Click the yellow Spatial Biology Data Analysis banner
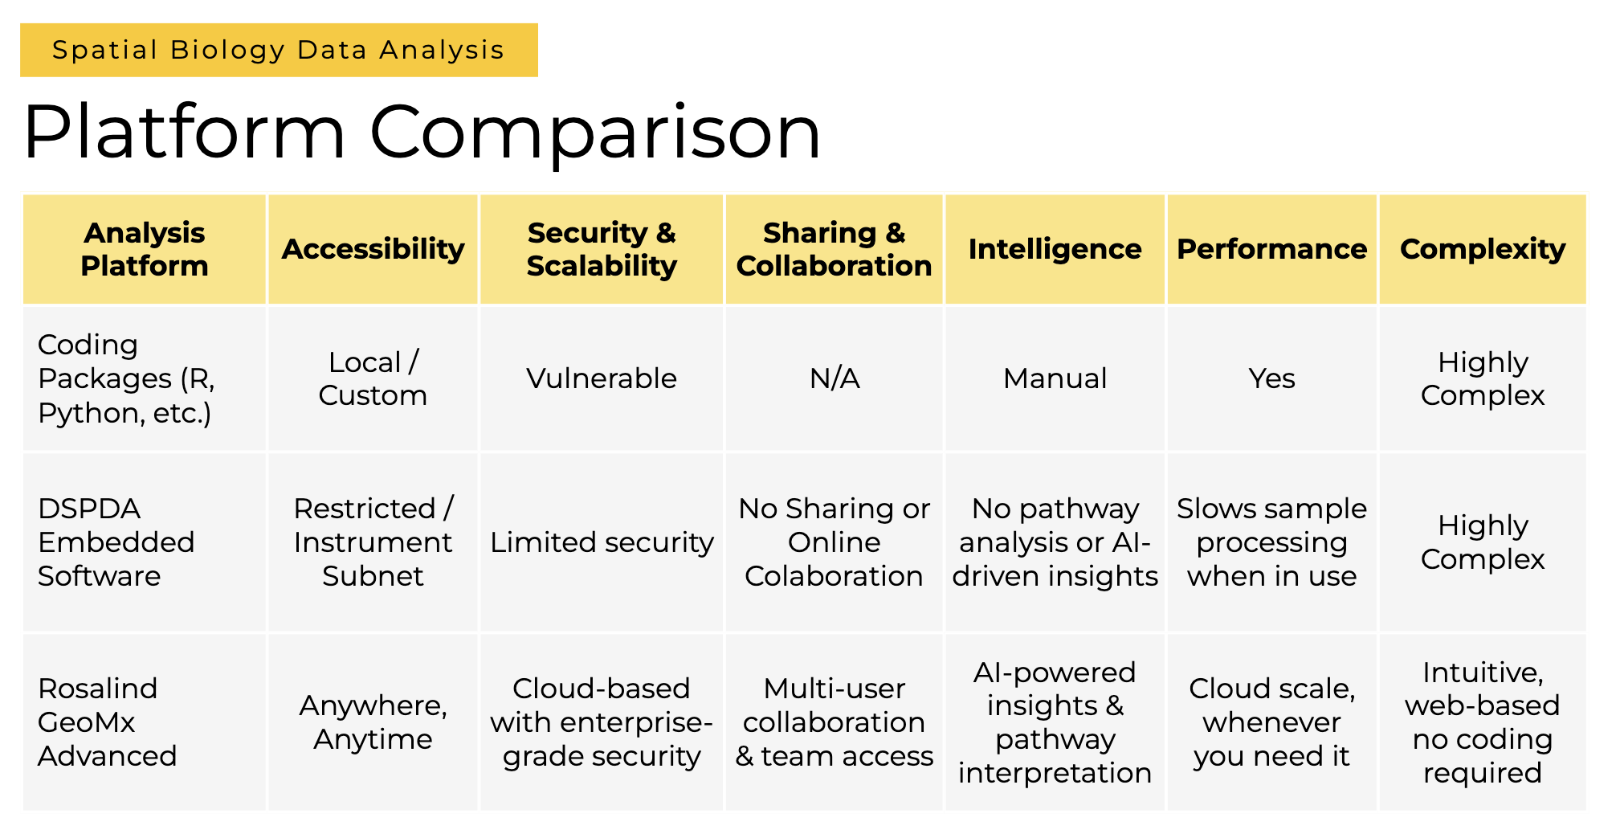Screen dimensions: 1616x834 pos(279,50)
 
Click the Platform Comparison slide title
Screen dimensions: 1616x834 pos(422,132)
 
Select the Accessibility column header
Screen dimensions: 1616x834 pos(373,249)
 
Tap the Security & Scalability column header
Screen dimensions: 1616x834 pos(602,249)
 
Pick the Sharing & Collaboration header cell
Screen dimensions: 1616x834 pos(834,249)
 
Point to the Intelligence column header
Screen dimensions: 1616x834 pos(1055,249)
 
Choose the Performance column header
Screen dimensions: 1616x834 pos(1271,249)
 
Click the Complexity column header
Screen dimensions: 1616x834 pos(1483,249)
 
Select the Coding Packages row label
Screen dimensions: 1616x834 pos(126,378)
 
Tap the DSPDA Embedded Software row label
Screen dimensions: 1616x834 pos(116,542)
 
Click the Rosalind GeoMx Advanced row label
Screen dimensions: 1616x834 pos(107,722)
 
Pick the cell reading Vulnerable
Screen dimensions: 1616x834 pos(602,378)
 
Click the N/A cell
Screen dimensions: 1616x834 pos(834,378)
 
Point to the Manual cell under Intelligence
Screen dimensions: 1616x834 pos(1055,378)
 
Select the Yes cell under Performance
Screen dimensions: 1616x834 pos(1271,378)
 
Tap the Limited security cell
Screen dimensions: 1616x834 pos(602,542)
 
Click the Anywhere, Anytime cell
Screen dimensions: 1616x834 pos(373,722)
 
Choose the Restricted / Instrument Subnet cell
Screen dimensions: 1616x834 pos(373,542)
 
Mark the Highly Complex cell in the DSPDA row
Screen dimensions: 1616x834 pos(1483,542)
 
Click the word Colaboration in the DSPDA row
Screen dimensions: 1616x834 pos(834,576)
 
